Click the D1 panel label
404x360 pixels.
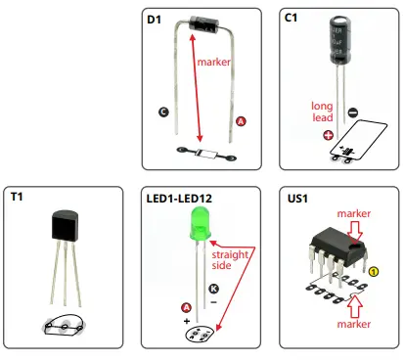point(155,20)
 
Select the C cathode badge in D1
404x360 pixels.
point(163,113)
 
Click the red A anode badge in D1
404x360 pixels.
point(242,120)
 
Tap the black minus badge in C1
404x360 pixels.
point(353,112)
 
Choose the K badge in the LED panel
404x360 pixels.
point(213,291)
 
